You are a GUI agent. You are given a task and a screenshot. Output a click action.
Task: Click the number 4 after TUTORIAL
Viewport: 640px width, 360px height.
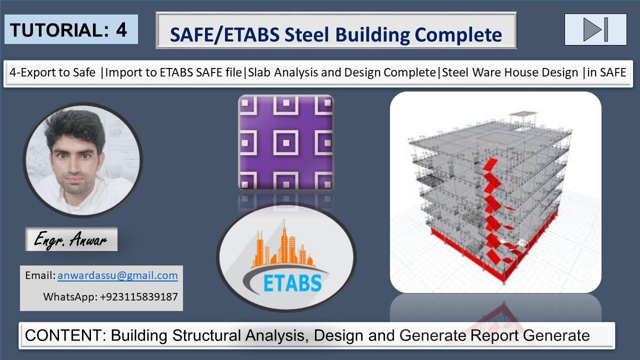[x=121, y=29]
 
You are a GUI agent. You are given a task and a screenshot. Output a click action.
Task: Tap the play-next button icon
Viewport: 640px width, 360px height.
[x=595, y=29]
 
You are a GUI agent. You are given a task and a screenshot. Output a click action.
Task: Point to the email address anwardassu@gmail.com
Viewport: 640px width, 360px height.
[x=117, y=275]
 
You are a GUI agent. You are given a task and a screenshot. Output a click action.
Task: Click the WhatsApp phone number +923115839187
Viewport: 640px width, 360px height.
[x=138, y=296]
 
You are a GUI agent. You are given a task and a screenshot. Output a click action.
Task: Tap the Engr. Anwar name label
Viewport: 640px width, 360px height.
[x=70, y=240]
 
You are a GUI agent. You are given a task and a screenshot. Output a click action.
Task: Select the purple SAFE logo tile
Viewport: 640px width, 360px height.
[x=286, y=142]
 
